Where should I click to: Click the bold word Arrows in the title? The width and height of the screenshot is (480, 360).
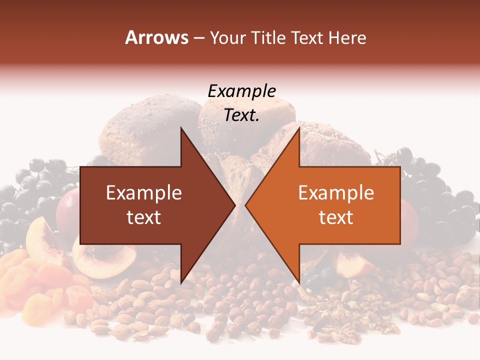pyautogui.click(x=157, y=37)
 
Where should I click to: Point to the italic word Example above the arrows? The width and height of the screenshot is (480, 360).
pyautogui.click(x=241, y=91)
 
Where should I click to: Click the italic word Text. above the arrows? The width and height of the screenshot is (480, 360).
pyautogui.click(x=241, y=115)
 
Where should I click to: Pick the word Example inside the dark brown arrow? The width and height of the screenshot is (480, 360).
pyautogui.click(x=143, y=193)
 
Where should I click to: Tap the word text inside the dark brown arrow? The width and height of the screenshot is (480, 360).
pyautogui.click(x=143, y=217)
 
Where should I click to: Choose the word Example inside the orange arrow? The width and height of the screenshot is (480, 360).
pyautogui.click(x=336, y=193)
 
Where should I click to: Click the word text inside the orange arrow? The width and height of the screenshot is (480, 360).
pyautogui.click(x=336, y=217)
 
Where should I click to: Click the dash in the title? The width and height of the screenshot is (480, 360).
pyautogui.click(x=199, y=38)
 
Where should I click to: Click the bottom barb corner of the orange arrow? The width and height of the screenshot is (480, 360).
pyautogui.click(x=299, y=282)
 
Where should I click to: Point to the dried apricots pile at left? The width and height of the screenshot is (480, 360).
pyautogui.click(x=30, y=280)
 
